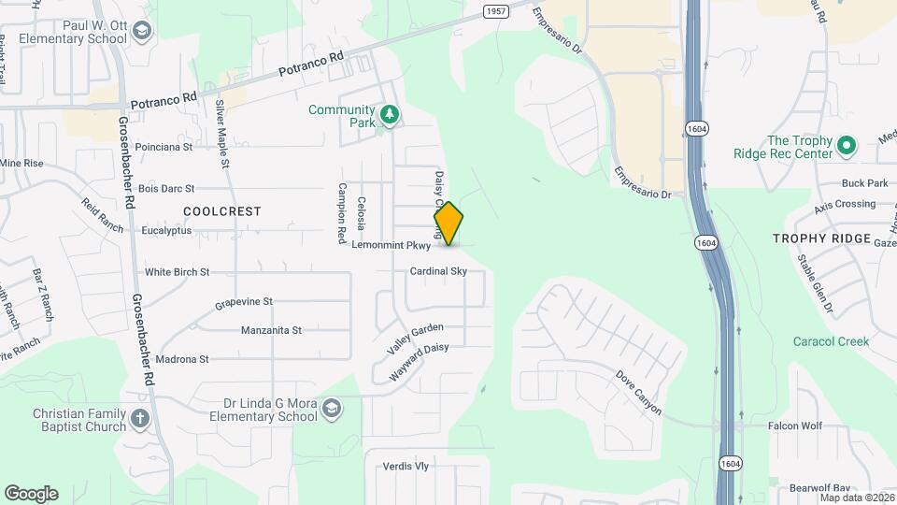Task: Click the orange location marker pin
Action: (448, 224)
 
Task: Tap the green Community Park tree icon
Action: (390, 115)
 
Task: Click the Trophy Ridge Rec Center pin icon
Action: (846, 146)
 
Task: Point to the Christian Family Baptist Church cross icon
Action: (139, 418)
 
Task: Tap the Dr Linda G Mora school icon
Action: (332, 409)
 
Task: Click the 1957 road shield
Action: (496, 10)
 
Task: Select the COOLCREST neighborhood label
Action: (222, 211)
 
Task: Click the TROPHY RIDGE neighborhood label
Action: (821, 238)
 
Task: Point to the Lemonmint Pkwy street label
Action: (392, 246)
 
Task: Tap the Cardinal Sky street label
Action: (437, 271)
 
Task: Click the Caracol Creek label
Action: (831, 341)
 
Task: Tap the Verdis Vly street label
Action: (406, 466)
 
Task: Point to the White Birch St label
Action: (177, 272)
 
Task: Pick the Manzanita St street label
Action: (271, 330)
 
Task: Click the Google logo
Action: (31, 494)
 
